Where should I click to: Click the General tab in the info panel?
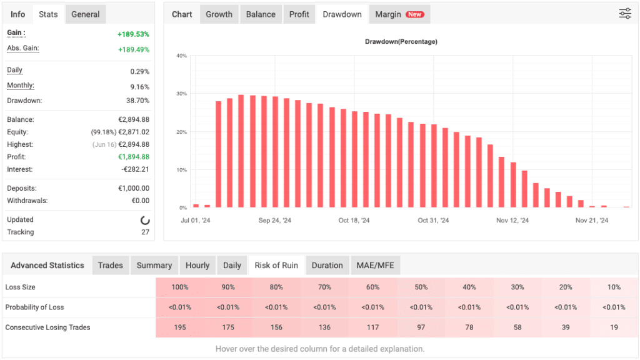tap(85, 14)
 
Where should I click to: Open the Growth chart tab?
tap(219, 14)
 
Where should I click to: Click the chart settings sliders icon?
tap(624, 14)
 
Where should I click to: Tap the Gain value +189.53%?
tap(133, 34)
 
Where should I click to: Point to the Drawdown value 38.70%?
tap(137, 101)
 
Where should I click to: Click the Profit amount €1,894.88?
tap(133, 157)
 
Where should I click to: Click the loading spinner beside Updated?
tap(145, 220)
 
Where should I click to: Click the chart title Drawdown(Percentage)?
tap(401, 42)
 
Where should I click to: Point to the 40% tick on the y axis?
tap(181, 56)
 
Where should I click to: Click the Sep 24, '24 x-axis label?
tap(274, 221)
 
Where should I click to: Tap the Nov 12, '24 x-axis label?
tap(512, 221)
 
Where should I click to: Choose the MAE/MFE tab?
tap(375, 265)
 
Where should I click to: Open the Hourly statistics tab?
tap(197, 265)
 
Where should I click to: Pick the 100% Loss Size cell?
tap(179, 287)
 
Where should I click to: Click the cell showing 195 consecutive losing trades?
tap(179, 327)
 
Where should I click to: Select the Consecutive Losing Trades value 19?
tap(614, 327)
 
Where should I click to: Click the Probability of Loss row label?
tap(34, 307)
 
